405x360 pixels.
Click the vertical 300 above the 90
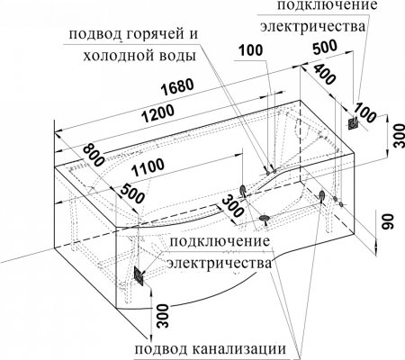(x=386, y=138)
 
